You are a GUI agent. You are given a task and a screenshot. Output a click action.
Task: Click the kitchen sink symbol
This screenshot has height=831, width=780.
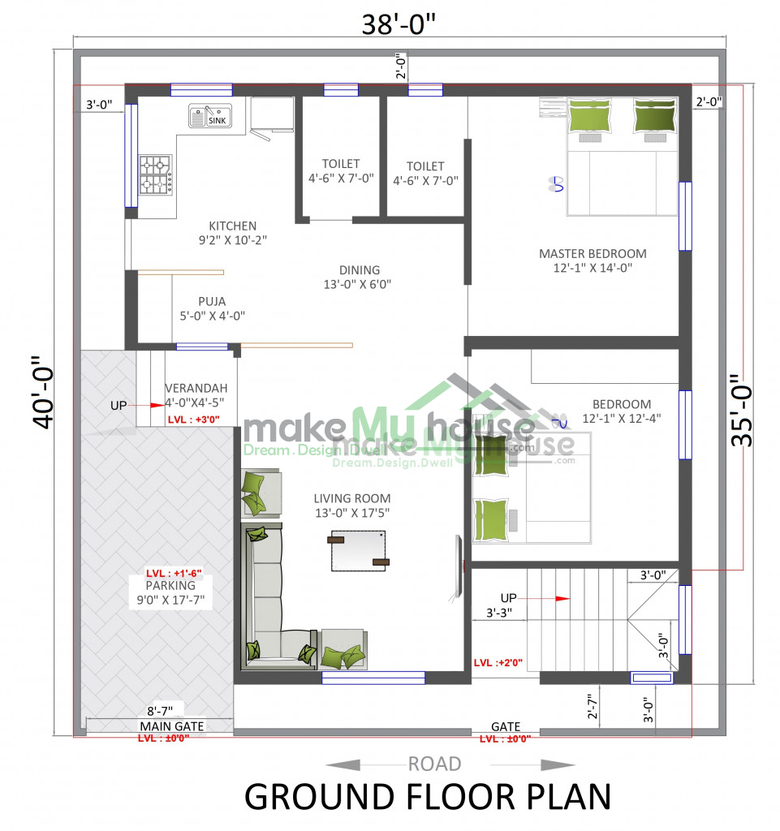click(x=210, y=115)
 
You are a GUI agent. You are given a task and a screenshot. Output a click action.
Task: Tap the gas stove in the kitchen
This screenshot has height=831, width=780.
click(x=156, y=175)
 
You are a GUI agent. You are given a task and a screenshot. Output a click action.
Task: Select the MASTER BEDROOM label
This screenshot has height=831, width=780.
click(x=593, y=254)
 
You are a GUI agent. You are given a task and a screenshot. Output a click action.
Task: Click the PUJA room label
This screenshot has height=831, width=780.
click(x=212, y=302)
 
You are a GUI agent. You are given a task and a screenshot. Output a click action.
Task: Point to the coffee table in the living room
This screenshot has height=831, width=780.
click(x=358, y=551)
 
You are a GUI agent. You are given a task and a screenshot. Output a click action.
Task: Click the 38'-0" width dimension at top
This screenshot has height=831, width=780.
click(x=399, y=24)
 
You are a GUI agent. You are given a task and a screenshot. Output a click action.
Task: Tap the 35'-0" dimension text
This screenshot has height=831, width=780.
click(x=741, y=410)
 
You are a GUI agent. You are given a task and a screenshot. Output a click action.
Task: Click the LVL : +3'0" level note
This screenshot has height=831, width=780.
click(x=193, y=420)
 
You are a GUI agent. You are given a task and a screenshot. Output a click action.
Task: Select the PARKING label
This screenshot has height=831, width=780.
click(x=170, y=586)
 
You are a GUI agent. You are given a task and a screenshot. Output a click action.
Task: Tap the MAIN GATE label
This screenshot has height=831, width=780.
click(x=172, y=726)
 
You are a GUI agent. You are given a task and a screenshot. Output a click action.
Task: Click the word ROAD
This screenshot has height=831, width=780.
click(x=434, y=764)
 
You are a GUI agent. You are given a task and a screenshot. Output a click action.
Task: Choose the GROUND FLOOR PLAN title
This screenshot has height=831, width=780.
click(x=428, y=797)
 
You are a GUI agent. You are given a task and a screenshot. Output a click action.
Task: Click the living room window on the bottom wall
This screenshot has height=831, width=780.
click(x=373, y=678)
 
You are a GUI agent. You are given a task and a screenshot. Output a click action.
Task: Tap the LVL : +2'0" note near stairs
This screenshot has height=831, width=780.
click(x=498, y=662)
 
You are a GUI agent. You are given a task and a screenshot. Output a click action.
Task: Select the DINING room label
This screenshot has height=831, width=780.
click(x=360, y=270)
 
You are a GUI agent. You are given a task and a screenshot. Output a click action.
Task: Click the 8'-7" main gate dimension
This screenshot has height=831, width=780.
click(x=160, y=711)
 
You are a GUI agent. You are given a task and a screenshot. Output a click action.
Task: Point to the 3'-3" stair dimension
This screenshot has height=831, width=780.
click(x=499, y=614)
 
